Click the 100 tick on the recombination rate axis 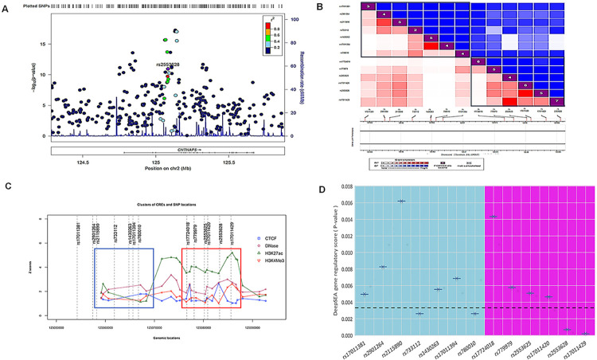coord(292,18)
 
